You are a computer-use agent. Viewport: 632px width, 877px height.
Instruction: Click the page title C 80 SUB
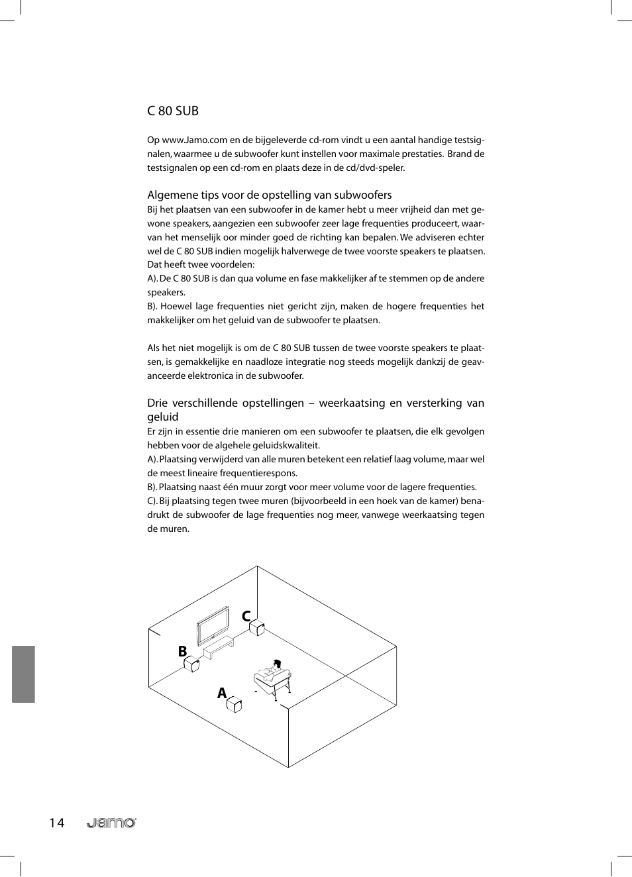point(173,111)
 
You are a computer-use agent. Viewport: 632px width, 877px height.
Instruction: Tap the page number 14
point(56,823)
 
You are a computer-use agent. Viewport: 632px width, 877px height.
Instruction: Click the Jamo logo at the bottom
point(111,823)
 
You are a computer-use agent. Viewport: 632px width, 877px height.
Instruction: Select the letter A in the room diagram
point(222,693)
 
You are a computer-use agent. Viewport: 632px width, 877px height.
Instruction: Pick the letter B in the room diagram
point(182,651)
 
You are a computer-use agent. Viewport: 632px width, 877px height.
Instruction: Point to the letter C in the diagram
point(246,616)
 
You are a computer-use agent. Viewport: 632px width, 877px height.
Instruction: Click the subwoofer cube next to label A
point(235,704)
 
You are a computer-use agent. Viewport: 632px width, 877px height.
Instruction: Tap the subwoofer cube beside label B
point(191,664)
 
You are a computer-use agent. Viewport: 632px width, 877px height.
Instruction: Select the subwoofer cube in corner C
point(257,627)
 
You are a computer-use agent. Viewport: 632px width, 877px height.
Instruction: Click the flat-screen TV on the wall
point(213,624)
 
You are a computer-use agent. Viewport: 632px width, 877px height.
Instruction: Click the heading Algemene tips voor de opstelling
point(269,195)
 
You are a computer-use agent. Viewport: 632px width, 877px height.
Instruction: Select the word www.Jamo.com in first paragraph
point(195,140)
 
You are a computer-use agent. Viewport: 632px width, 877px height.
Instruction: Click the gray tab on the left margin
point(23,674)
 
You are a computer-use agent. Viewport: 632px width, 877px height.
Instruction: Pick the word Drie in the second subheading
point(157,403)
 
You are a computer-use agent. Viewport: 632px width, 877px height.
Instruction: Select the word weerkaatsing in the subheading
point(350,403)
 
